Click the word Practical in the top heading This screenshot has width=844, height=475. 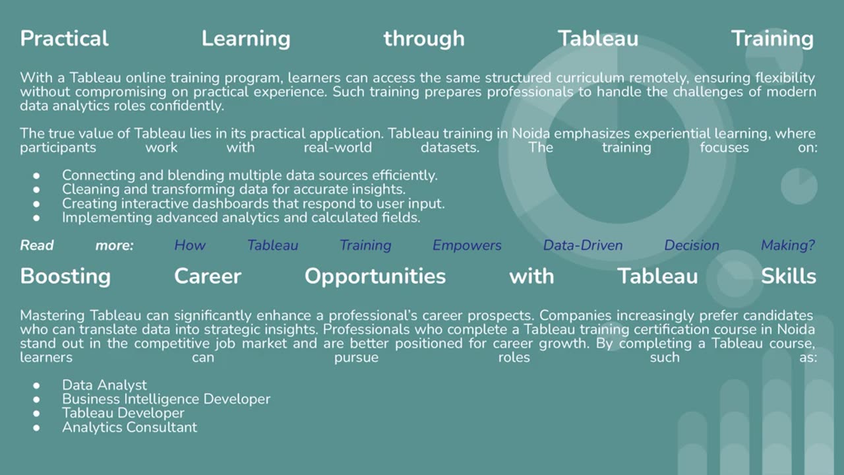tap(64, 38)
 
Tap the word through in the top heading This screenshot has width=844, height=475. tap(423, 38)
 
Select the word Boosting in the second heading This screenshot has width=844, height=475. tap(65, 276)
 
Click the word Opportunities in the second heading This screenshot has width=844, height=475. tap(375, 276)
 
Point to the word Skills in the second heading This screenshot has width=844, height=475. tap(788, 276)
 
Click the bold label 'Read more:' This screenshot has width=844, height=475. tap(76, 245)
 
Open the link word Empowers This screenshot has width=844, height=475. tap(467, 245)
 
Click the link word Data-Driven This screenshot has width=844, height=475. tap(583, 245)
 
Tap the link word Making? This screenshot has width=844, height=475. tap(788, 245)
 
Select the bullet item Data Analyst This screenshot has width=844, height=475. tap(104, 385)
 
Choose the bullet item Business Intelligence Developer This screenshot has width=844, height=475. tap(166, 398)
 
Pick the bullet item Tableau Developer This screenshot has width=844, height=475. tap(123, 413)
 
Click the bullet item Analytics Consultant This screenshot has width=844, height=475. tap(129, 427)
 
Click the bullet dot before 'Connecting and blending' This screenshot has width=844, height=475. tap(36, 175)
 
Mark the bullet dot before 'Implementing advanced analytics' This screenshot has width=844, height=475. tap(36, 217)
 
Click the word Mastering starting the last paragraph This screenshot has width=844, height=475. tap(53, 315)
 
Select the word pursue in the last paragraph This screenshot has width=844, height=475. tap(356, 357)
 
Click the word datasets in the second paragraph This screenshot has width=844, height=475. tap(450, 147)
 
